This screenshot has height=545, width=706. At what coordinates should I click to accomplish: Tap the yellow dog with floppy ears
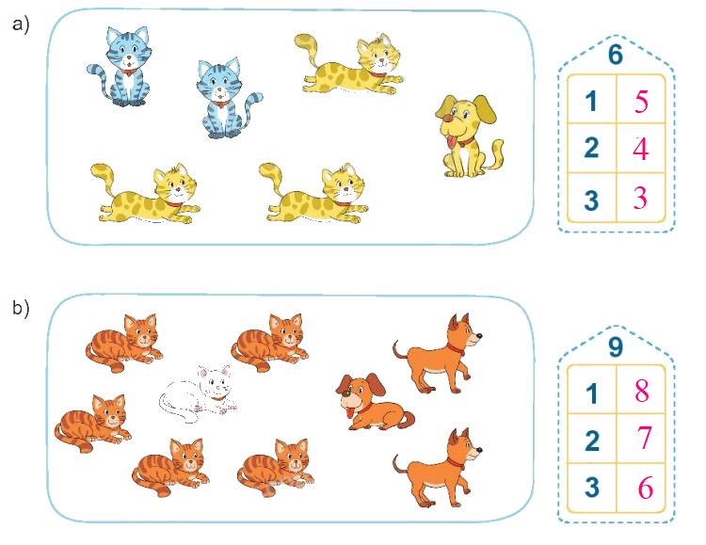click(x=468, y=136)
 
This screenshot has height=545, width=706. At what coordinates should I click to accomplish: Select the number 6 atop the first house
click(x=616, y=55)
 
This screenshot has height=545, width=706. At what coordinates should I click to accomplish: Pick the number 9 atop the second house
click(x=616, y=346)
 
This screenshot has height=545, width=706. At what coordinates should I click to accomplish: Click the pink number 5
click(x=642, y=102)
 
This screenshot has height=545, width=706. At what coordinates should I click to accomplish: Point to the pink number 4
click(x=641, y=149)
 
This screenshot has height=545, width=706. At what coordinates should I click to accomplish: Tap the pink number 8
click(x=642, y=391)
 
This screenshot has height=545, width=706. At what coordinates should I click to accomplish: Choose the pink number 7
click(x=645, y=438)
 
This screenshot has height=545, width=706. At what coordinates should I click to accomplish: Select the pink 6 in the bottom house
click(x=645, y=488)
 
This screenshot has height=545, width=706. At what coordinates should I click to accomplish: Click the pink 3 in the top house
click(x=640, y=198)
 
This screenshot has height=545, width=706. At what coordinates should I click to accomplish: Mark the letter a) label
click(x=21, y=24)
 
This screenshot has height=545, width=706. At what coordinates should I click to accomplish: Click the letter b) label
click(x=21, y=308)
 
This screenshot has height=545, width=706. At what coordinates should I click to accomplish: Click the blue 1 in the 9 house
click(x=592, y=393)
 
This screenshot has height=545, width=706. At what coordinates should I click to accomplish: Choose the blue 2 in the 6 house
click(x=592, y=148)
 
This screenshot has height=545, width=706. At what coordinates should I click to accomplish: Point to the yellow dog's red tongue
click(x=450, y=143)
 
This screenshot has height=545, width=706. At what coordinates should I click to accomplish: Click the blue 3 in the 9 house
click(x=592, y=487)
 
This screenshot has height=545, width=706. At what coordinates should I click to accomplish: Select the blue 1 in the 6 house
click(x=591, y=101)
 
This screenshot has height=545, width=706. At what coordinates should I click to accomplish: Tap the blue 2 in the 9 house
click(x=592, y=441)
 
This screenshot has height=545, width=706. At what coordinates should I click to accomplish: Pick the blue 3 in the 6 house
click(x=591, y=200)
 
